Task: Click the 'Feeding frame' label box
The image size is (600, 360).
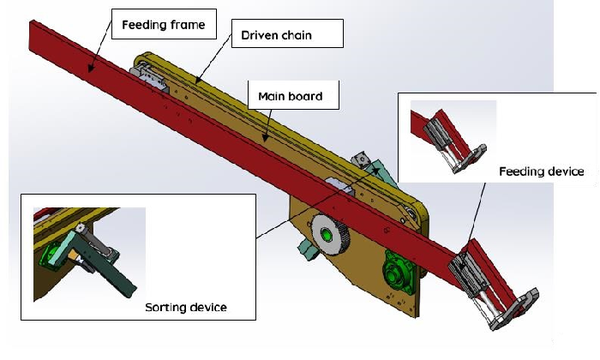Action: pos(164,24)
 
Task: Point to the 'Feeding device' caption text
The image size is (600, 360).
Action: pos(541,171)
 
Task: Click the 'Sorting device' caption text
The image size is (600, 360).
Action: pos(186,307)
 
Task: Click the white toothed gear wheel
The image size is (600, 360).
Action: pos(328,234)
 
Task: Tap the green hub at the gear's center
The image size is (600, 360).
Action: pos(326,234)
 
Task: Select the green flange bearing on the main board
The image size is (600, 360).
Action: pos(399,272)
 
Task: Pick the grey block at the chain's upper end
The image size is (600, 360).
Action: pos(148,77)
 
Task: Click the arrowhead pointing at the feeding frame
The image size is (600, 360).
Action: pos(91,68)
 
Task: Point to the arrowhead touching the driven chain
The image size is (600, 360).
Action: pos(197,80)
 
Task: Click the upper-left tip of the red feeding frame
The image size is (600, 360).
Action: pos(30,21)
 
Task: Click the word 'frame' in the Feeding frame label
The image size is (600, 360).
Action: pos(188,24)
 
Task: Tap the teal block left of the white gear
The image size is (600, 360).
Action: pos(308,248)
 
